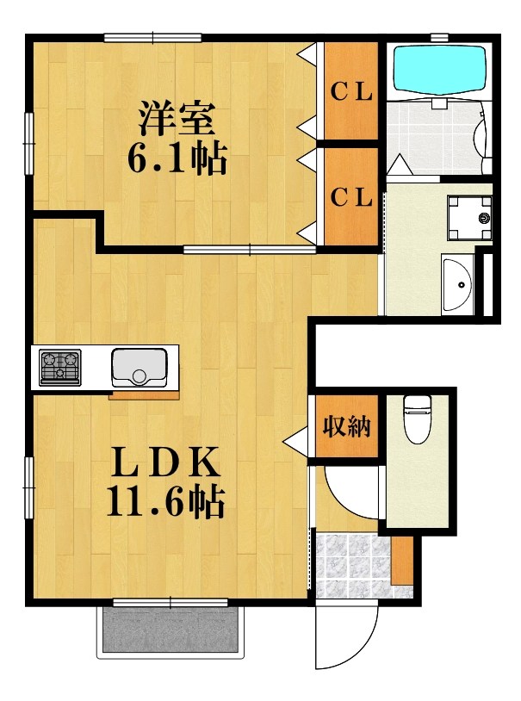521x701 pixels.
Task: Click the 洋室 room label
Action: click(177, 119)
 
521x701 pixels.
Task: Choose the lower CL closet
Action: click(351, 197)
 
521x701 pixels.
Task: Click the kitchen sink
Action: click(134, 366)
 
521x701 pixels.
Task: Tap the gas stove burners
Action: click(59, 367)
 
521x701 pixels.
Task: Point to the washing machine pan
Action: click(468, 218)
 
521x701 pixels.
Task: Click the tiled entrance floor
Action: click(353, 565)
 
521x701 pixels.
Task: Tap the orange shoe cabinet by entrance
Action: click(401, 560)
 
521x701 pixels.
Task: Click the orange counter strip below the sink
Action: click(145, 396)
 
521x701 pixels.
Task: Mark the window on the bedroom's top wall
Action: click(153, 37)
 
